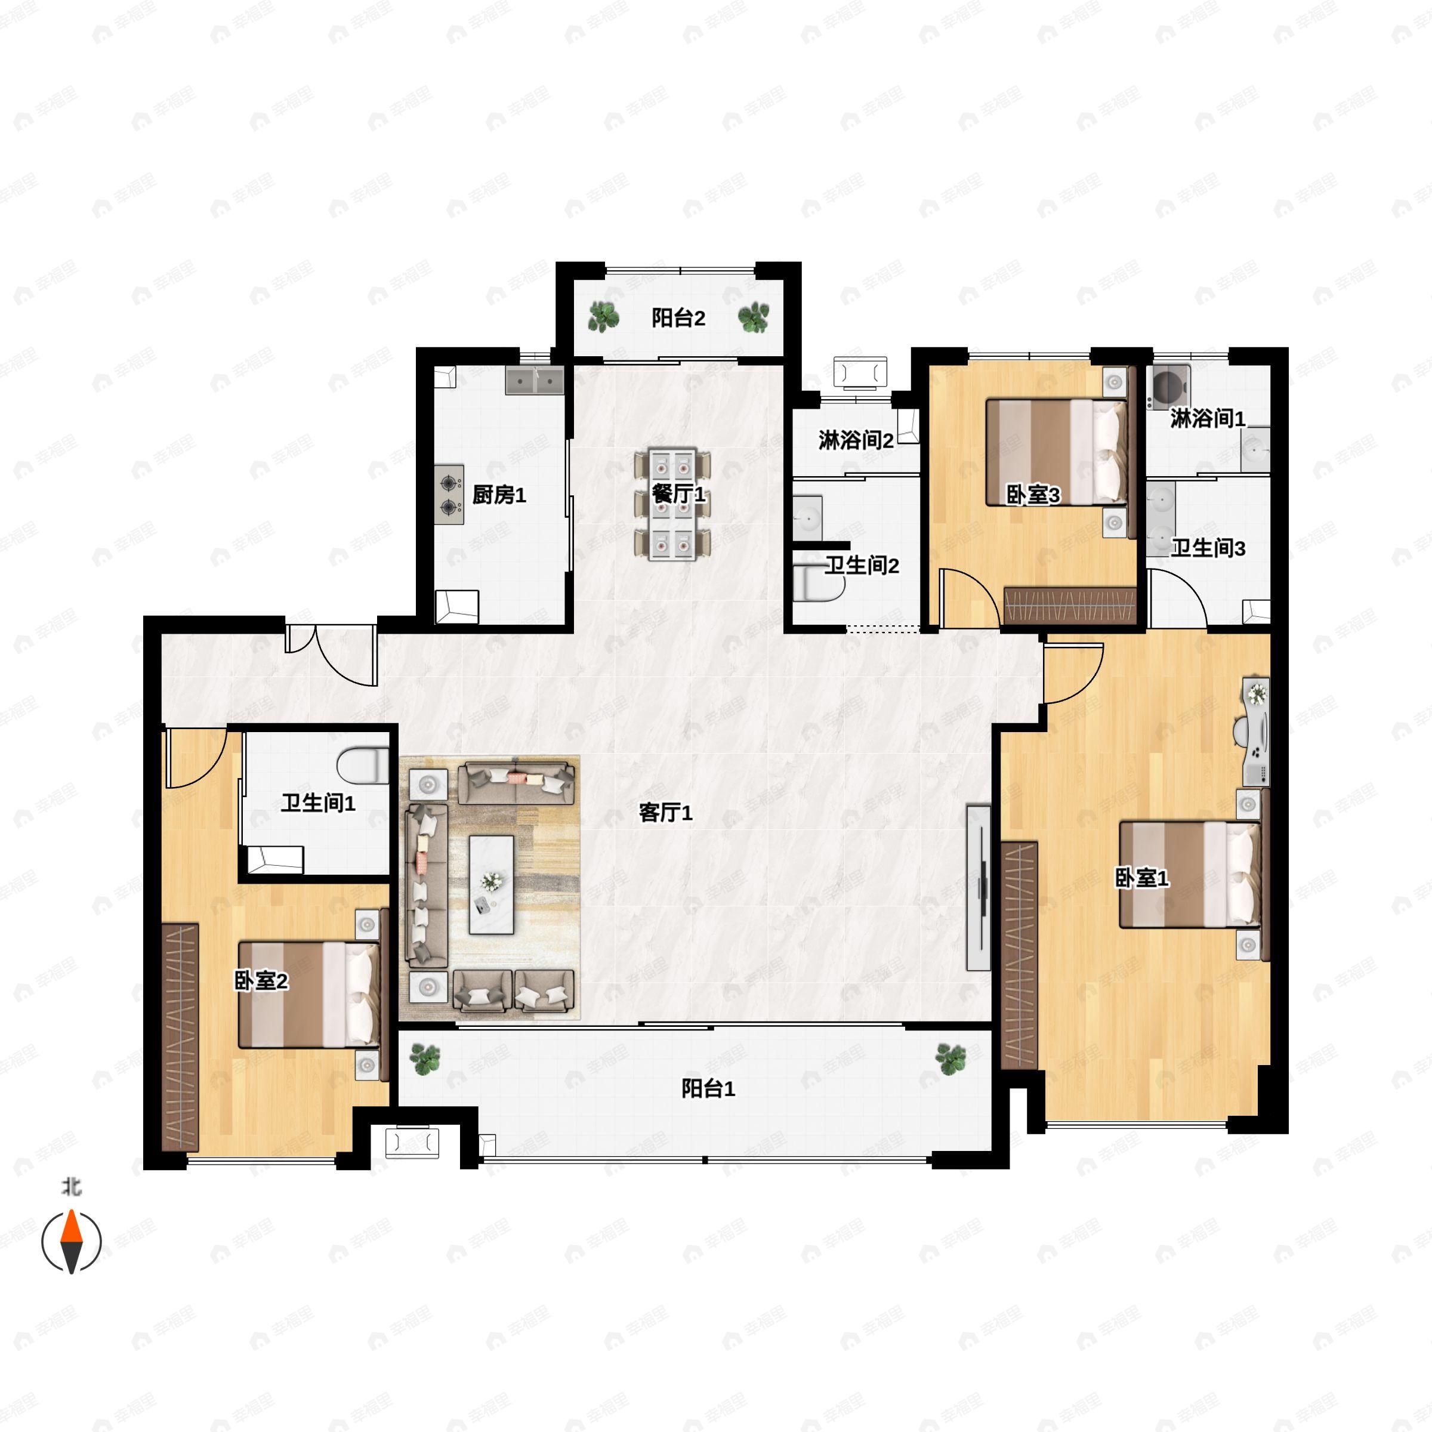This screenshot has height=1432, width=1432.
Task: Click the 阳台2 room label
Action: (x=678, y=318)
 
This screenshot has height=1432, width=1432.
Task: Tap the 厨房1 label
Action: (x=499, y=495)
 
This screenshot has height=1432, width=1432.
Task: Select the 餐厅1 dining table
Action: (x=671, y=504)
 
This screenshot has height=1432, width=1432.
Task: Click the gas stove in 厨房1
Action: (x=449, y=495)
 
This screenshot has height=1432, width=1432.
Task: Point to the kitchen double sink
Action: (x=535, y=380)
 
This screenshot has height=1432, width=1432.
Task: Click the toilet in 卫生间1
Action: (x=363, y=766)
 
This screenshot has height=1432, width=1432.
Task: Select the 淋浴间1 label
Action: (x=1208, y=419)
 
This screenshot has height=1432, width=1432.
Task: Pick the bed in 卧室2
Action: (x=308, y=994)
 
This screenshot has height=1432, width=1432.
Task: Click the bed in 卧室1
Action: (x=1188, y=874)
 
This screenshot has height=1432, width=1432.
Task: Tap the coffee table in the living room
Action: (x=492, y=884)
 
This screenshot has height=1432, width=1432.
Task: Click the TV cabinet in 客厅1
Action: (x=979, y=887)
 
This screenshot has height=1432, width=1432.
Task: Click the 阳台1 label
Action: (x=708, y=1089)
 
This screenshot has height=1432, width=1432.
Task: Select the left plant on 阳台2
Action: (x=603, y=317)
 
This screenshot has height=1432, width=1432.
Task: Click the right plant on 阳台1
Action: (x=950, y=1058)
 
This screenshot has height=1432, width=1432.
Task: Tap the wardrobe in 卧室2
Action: (x=180, y=1036)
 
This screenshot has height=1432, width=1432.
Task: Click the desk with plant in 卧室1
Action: (x=1255, y=731)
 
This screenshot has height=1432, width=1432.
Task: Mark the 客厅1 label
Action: (x=665, y=813)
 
